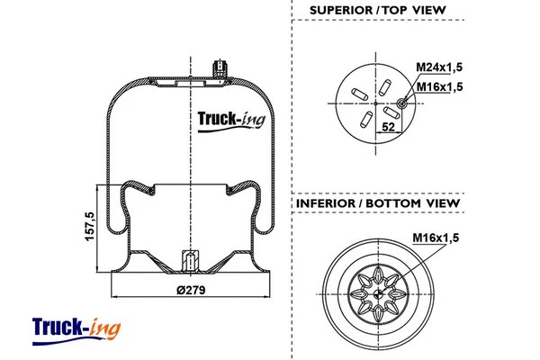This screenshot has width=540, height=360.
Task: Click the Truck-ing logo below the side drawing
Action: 76,326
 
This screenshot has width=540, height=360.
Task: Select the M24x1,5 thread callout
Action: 439,67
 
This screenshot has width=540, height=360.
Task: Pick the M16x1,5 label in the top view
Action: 439,86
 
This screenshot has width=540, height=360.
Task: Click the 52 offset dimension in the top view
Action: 389,128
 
